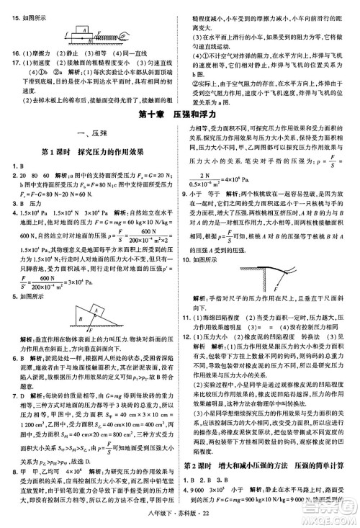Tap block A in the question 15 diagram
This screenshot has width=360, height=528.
coord(85,30)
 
